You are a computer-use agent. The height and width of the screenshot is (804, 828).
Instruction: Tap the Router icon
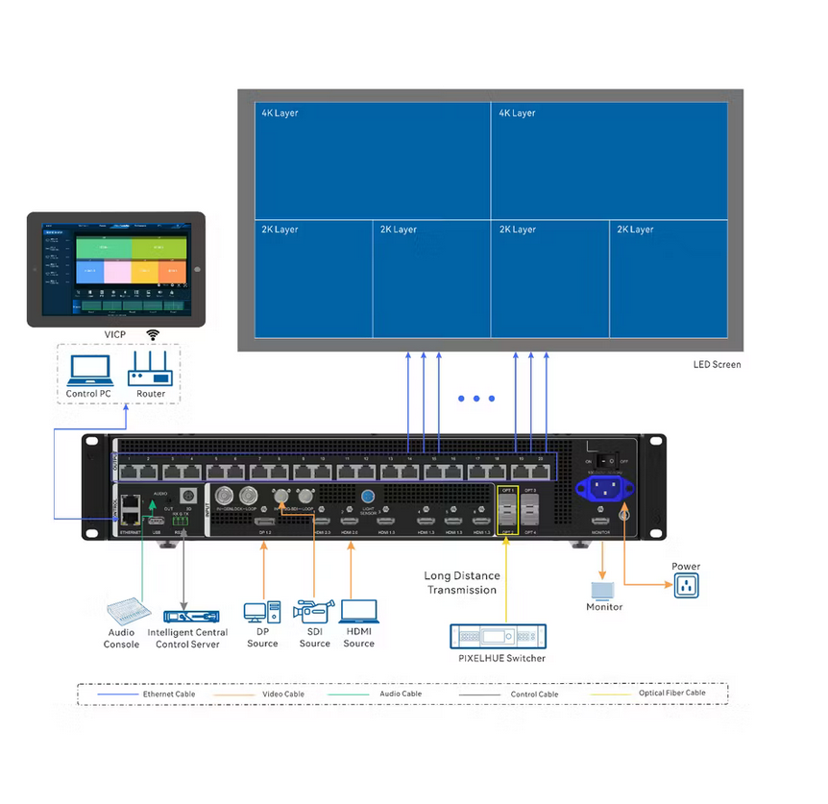150,369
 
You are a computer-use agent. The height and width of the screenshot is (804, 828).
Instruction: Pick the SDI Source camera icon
314,612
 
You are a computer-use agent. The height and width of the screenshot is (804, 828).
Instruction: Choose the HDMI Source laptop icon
359,612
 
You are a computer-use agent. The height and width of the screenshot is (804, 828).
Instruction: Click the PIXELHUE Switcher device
498,636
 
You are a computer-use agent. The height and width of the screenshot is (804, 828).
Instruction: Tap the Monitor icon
604,588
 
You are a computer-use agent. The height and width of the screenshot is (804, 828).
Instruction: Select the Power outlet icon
686,585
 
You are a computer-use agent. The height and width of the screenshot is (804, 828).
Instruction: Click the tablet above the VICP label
115,269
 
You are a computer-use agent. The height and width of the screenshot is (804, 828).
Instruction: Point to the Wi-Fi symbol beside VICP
152,334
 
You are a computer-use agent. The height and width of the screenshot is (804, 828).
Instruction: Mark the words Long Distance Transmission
461,583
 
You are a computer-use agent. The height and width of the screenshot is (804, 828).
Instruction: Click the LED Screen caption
717,365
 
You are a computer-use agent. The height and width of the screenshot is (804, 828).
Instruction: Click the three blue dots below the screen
476,398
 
